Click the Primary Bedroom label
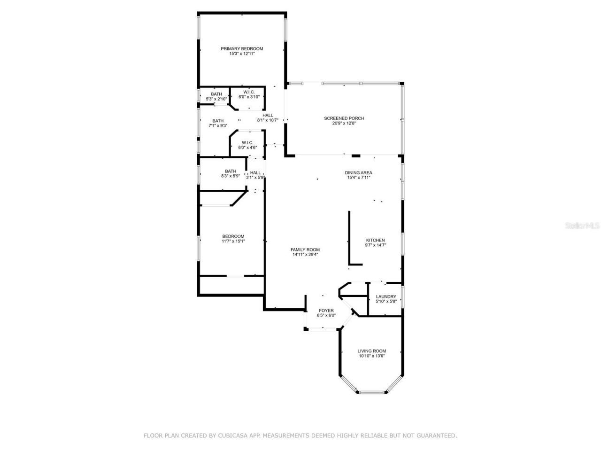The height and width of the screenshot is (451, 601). (x=242, y=49)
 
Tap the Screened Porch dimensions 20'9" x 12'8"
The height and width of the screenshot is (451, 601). (x=344, y=124)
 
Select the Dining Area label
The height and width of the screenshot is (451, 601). (x=359, y=173)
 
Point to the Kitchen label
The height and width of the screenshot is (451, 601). (x=375, y=240)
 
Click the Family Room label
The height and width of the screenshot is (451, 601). (x=305, y=249)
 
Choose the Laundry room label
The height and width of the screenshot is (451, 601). (x=386, y=296)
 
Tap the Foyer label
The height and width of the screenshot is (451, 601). (x=326, y=311)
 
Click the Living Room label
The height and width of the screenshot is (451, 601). (x=371, y=351)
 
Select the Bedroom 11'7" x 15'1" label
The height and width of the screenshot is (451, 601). (x=233, y=236)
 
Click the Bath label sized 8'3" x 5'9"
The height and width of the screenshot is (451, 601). (x=230, y=171)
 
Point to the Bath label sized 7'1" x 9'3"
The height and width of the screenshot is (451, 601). (x=218, y=120)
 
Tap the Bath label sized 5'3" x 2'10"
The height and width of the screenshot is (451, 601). (x=216, y=94)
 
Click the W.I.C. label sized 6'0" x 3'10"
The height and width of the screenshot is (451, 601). (x=249, y=92)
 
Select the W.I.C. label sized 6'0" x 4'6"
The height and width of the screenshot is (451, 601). (x=247, y=142)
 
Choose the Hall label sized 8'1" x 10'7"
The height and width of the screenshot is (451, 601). (x=268, y=115)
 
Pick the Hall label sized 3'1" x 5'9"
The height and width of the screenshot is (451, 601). (x=255, y=172)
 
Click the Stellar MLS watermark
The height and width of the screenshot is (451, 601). (x=582, y=225)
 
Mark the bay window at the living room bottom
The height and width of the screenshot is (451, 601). (x=371, y=391)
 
